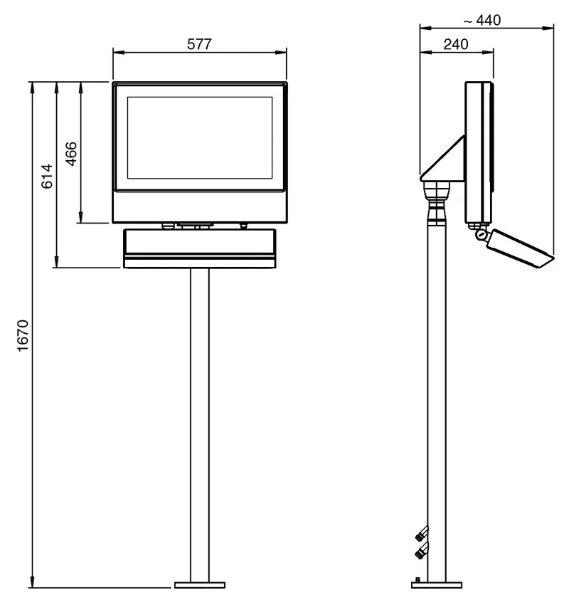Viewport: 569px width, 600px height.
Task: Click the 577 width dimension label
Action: (199, 44)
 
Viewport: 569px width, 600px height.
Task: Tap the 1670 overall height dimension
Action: (23, 335)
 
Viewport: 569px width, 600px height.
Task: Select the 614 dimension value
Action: (47, 176)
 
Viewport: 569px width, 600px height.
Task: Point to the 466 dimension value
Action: (71, 154)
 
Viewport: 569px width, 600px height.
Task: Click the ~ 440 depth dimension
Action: (482, 20)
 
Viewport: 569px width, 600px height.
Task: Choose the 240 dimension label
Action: (456, 44)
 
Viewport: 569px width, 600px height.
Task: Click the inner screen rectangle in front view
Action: (200, 138)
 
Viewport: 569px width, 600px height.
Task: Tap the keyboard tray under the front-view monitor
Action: (200, 248)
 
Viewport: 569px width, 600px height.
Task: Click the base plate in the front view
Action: (200, 585)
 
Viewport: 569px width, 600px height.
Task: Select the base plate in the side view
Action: (437, 585)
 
